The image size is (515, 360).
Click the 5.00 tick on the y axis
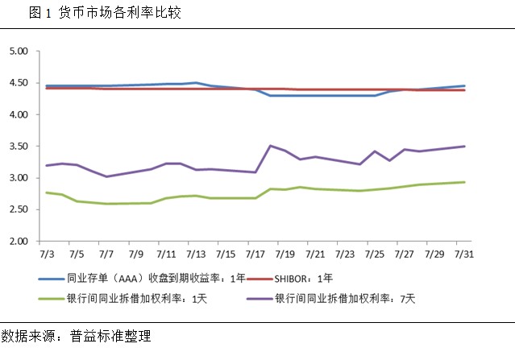18,52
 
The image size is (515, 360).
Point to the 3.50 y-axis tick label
18,147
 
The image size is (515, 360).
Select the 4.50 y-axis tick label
18,83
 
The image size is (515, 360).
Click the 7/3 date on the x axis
48,254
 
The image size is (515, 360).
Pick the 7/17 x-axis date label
255,254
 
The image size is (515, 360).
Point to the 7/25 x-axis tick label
374,254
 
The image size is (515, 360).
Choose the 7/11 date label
166,254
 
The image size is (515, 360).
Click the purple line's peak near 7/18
270,146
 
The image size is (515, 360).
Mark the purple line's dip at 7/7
106,176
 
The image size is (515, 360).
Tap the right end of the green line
465,182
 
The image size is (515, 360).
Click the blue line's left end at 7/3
48,85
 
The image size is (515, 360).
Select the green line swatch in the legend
57,298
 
